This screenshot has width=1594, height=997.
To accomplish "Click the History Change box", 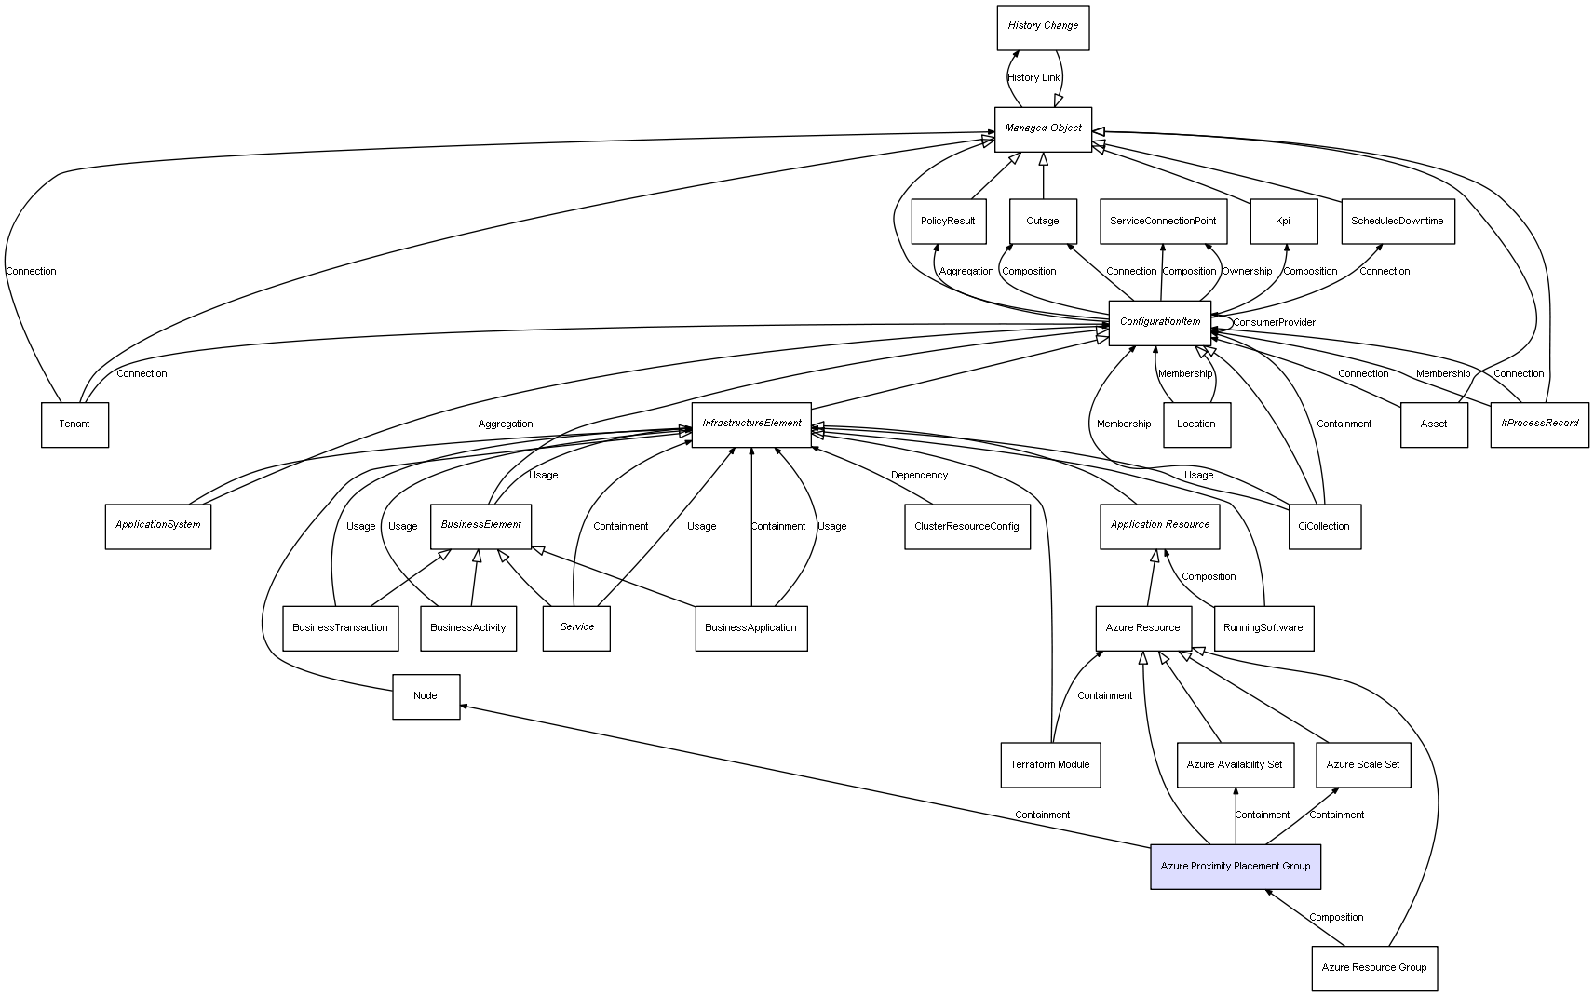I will coord(1042,27).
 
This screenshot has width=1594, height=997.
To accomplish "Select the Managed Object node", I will coord(1042,128).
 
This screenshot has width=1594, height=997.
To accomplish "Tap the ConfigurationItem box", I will coord(1159,322).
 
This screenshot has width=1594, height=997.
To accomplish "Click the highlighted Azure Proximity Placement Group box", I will coord(1235,867).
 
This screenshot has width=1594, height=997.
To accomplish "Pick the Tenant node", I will coord(74,424).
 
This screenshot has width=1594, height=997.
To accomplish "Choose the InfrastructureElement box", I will coord(751,424).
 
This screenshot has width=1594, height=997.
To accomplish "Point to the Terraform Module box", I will coord(1049,765).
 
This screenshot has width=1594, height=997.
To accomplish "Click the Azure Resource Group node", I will coord(1373,968).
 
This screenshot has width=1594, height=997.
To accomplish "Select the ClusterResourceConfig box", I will coord(966,527).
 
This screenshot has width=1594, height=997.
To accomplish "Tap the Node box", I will coord(426,696).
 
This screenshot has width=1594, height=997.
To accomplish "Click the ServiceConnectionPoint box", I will coord(1162,222).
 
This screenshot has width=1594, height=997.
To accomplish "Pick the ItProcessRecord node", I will coord(1539,424).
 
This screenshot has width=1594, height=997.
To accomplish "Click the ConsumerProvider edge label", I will coord(1274,323).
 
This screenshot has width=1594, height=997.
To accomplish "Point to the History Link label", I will coord(1033,78).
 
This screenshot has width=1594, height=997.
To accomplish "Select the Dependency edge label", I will coord(919,476).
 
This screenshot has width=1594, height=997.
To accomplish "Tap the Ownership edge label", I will coord(1247,272).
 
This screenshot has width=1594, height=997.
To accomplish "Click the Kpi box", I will coord(1283,222).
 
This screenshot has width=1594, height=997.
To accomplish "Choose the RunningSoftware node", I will coord(1263,628).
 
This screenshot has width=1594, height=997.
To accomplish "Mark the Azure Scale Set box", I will coord(1362,765).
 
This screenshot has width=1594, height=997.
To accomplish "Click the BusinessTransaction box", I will coord(340,628).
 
